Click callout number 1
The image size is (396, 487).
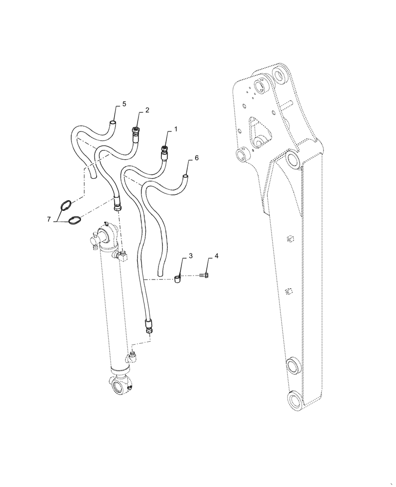pos(176,130)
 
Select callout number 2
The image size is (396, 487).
pos(147,110)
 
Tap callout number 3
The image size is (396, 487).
pos(191,256)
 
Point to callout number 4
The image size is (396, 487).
pos(217,256)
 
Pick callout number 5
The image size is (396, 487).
pos(124,104)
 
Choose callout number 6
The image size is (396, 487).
pos(197,158)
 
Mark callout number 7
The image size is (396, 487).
pos(49,220)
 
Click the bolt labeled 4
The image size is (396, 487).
pos(205,276)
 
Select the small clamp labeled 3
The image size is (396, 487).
pos(178,279)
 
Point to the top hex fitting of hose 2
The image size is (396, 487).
pos(135,131)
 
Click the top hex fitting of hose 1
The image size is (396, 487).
pos(165,150)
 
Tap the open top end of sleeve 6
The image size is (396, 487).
pos(185,176)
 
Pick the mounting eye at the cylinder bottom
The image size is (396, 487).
pos(119,387)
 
